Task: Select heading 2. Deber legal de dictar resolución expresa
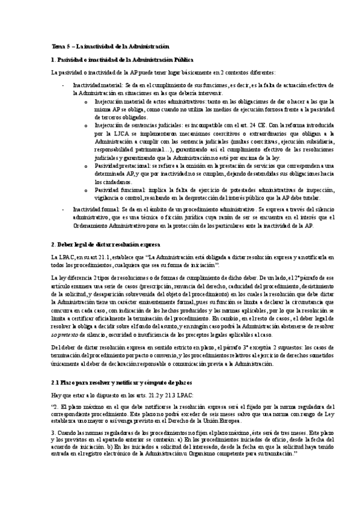(x=106, y=245)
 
